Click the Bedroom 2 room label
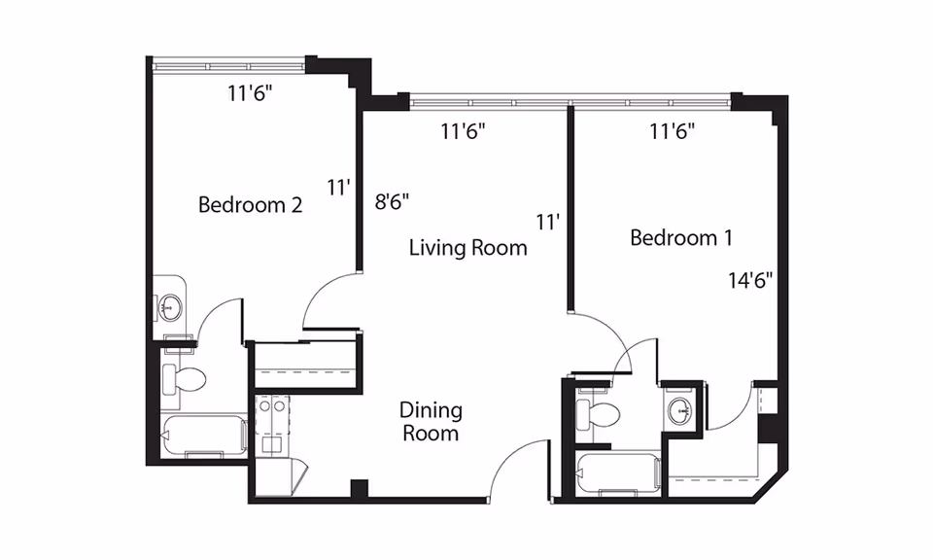click(250, 205)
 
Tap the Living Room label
click(467, 247)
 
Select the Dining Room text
click(431, 421)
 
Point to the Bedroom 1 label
click(680, 238)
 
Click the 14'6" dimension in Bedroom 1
click(750, 280)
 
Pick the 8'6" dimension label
click(392, 202)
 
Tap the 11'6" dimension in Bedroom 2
click(250, 92)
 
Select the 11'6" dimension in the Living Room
click(463, 131)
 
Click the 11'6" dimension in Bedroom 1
click(673, 131)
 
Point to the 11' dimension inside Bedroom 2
click(337, 188)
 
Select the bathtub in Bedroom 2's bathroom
click(204, 436)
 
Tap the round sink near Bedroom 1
click(679, 410)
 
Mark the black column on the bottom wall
click(360, 489)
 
